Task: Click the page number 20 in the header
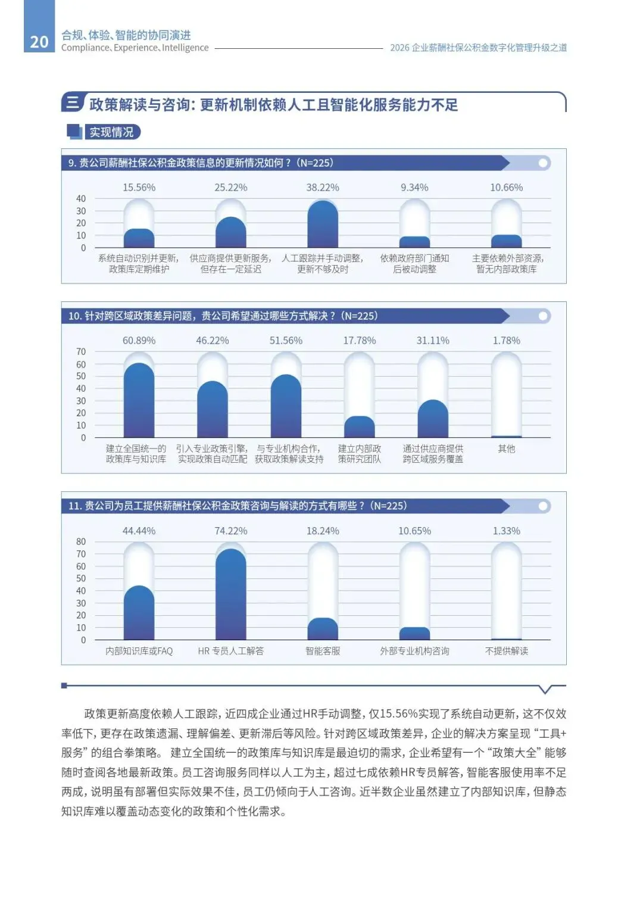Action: pyautogui.click(x=39, y=42)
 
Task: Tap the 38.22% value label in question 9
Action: pyautogui.click(x=323, y=187)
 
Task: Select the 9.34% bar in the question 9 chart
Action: pyautogui.click(x=414, y=242)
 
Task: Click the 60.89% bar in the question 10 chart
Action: pyautogui.click(x=139, y=400)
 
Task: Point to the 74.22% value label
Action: pyautogui.click(x=231, y=531)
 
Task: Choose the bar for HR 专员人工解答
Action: pyautogui.click(x=231, y=594)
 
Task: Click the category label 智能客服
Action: pyautogui.click(x=323, y=651)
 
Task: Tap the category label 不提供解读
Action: pyautogui.click(x=506, y=651)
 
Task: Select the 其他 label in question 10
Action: pyautogui.click(x=506, y=448)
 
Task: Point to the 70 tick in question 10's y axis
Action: pyautogui.click(x=81, y=351)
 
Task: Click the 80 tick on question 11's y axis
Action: pyautogui.click(x=81, y=541)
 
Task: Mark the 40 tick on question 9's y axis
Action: pyautogui.click(x=81, y=198)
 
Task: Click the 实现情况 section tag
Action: pyautogui.click(x=111, y=132)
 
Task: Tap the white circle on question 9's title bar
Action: pyautogui.click(x=542, y=163)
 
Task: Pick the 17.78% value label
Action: pyautogui.click(x=359, y=341)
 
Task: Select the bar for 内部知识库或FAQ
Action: pyautogui.click(x=139, y=613)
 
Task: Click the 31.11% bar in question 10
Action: pyautogui.click(x=433, y=419)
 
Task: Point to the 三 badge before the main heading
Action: pyautogui.click(x=73, y=102)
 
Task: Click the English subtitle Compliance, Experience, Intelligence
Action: pyautogui.click(x=135, y=48)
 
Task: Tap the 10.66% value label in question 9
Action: pyautogui.click(x=506, y=187)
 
